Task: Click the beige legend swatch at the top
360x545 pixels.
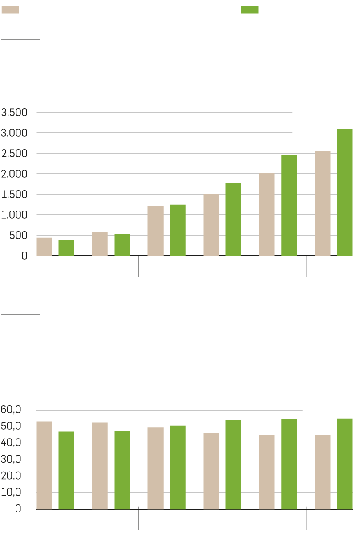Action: tap(10, 10)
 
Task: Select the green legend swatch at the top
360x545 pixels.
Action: tap(250, 10)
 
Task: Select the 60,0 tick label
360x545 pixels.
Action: tap(12, 410)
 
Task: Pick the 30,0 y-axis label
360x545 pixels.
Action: tap(12, 460)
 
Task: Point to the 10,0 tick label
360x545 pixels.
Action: tap(12, 492)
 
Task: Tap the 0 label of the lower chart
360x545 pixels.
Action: tap(18, 509)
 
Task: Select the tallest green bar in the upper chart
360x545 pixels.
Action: tap(344, 192)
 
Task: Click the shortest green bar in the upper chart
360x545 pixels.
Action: tap(66, 248)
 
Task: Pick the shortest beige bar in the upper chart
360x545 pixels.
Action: tap(44, 247)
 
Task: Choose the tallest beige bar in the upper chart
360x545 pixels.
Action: tap(322, 203)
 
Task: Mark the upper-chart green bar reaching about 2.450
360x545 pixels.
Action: tap(289, 205)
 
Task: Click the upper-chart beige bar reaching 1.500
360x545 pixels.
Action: tap(211, 225)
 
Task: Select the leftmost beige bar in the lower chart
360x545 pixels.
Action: tap(44, 465)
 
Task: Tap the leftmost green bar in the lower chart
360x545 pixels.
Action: tap(66, 470)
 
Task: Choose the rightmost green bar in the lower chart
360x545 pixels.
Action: tap(344, 464)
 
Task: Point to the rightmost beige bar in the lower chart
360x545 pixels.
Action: tap(322, 472)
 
